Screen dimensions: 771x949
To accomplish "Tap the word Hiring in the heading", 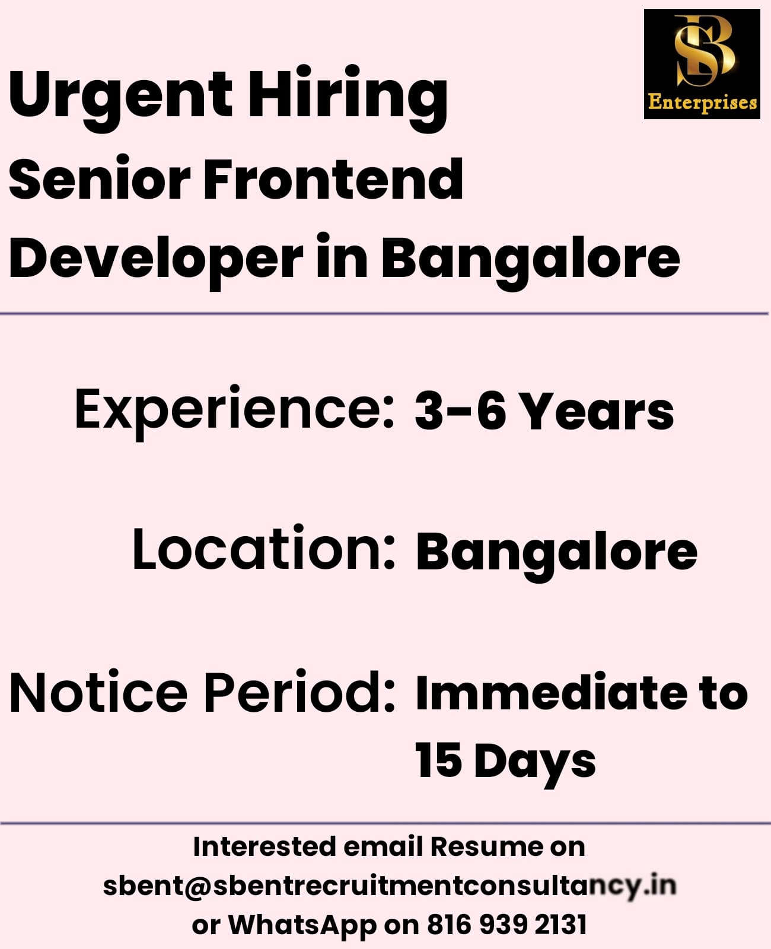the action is tap(348, 98).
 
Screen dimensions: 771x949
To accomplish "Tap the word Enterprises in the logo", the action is tap(702, 103).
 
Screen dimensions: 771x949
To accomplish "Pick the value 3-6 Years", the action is tap(544, 412).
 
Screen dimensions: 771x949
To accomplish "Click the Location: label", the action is tap(264, 548).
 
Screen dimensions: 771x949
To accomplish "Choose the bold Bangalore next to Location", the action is tap(556, 554).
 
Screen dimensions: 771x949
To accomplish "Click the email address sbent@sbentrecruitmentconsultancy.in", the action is tap(389, 887).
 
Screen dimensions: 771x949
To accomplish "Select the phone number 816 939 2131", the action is tap(507, 925).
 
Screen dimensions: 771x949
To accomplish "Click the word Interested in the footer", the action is tap(265, 847).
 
